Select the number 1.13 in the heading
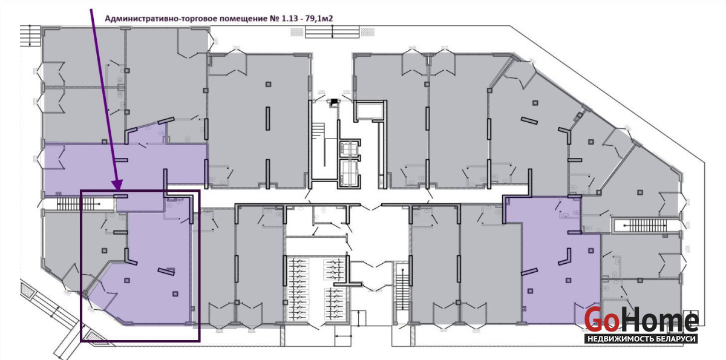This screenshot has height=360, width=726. coord(289,19)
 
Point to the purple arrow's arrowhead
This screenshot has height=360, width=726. coord(117,185)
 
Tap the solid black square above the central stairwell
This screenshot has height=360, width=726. coord(333,102)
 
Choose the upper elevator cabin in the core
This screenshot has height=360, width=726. coord(348,149)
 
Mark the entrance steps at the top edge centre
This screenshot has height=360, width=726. coord(332,32)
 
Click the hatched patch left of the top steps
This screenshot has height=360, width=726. coord(296,32)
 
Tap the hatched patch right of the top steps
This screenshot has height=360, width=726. coord(368,32)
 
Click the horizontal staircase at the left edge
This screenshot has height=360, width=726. coord(79,204)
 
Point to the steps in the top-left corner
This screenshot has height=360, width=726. coord(30,36)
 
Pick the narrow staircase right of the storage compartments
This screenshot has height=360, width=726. coord(402,289)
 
